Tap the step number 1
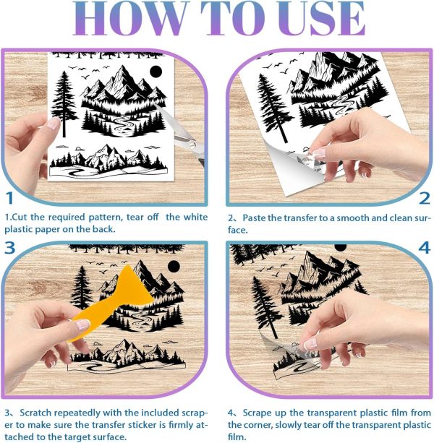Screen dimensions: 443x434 point(9,198)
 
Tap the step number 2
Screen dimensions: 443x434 point(423,198)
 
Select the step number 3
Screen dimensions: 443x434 point(9,248)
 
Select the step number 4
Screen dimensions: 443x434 point(423,248)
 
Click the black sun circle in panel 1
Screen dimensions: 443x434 point(156,72)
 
